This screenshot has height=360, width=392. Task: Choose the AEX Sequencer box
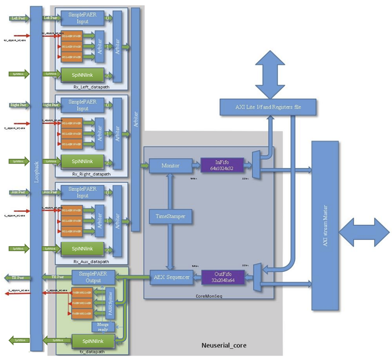click(170, 278)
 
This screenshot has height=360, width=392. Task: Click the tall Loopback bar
click(36, 179)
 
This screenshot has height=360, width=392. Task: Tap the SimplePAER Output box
click(93, 277)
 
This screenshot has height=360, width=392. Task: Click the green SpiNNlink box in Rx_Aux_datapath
click(82, 248)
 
